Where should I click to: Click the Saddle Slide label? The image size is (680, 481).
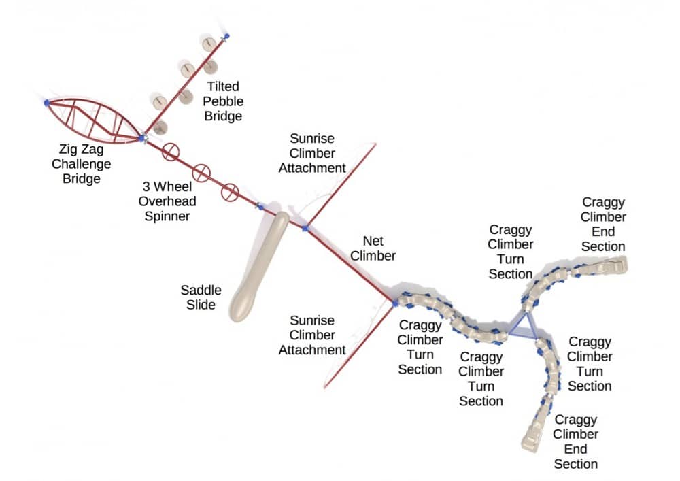pyautogui.click(x=201, y=297)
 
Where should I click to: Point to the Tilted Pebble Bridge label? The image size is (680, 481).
pyautogui.click(x=223, y=101)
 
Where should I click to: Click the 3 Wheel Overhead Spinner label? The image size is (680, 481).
pyautogui.click(x=164, y=202)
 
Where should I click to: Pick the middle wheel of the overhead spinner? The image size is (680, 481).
pyautogui.click(x=201, y=172)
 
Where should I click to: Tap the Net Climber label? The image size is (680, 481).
pyautogui.click(x=379, y=248)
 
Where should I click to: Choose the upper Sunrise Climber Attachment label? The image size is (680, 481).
pyautogui.click(x=312, y=152)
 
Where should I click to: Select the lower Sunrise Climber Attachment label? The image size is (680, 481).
pyautogui.click(x=312, y=335)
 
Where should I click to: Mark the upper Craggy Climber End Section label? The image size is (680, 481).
pyautogui.click(x=603, y=225)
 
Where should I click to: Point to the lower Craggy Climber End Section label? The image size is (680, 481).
pyautogui.click(x=575, y=442)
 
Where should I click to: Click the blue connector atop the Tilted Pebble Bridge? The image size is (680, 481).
pyautogui.click(x=226, y=35)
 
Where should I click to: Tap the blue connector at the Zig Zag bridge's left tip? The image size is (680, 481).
pyautogui.click(x=46, y=103)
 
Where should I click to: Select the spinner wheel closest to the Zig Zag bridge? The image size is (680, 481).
pyautogui.click(x=171, y=152)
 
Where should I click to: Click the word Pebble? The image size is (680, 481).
pyautogui.click(x=223, y=102)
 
